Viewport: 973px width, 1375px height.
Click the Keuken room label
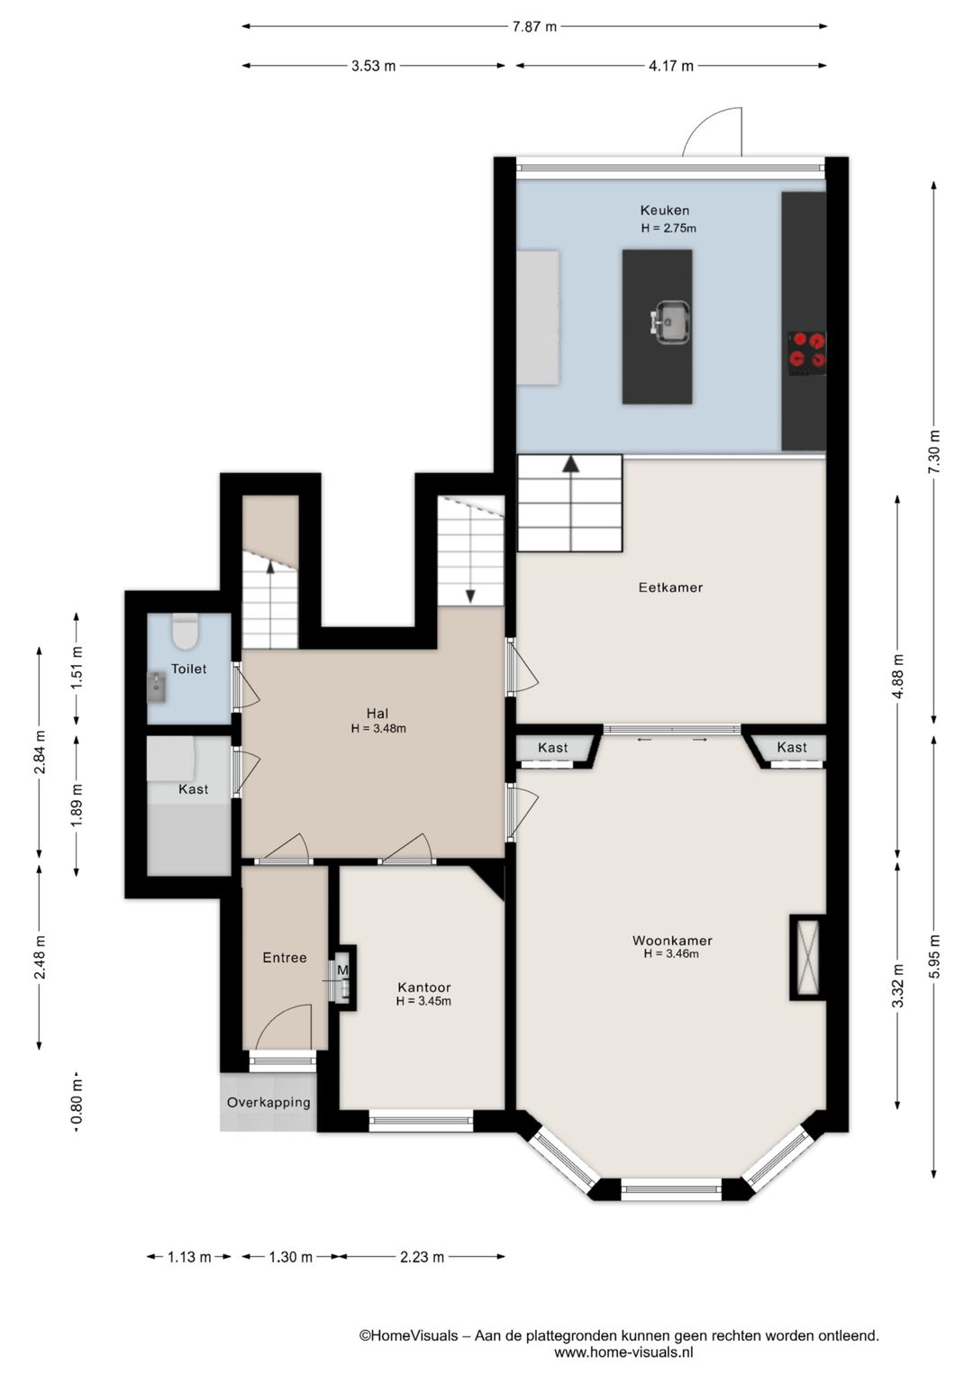[664, 211]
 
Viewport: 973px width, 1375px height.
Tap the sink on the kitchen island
[671, 321]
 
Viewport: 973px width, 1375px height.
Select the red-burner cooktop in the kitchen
[806, 353]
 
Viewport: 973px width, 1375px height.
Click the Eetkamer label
[670, 587]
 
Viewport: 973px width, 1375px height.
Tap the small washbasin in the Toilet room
[157, 687]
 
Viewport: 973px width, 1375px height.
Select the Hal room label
[377, 714]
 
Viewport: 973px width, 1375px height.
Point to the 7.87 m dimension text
[534, 26]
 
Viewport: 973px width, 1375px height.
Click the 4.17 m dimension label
[671, 66]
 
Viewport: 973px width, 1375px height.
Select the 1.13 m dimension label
[189, 1257]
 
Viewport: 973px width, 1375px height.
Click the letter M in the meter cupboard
[342, 970]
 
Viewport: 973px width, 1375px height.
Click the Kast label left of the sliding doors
[552, 748]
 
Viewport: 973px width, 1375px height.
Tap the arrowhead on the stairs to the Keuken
[571, 464]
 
